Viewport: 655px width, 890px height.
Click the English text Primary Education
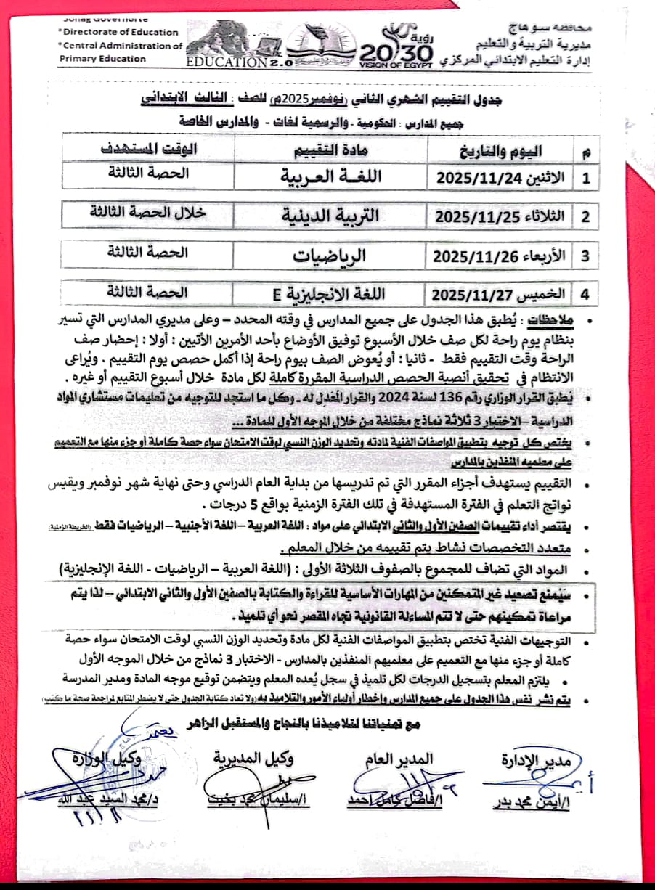tap(102, 59)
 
